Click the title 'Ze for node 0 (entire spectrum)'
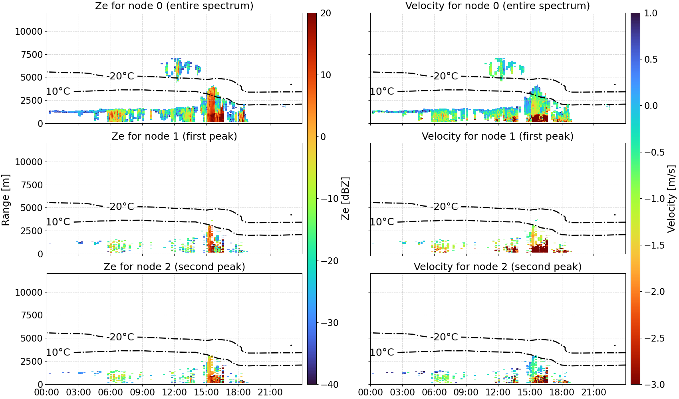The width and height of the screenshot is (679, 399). [174, 6]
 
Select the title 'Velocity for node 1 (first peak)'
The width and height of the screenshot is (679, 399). [498, 136]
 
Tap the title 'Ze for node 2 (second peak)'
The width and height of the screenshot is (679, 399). [174, 267]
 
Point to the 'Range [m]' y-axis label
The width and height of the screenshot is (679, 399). [6, 200]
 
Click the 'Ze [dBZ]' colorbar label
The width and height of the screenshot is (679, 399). [345, 199]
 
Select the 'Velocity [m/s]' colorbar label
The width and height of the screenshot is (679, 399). [672, 199]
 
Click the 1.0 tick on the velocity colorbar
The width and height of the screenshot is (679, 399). [651, 13]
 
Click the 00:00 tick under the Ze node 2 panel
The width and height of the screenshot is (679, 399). [47, 392]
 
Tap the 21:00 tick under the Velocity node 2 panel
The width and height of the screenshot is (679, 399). [594, 392]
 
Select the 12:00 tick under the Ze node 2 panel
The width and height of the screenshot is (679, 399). [174, 392]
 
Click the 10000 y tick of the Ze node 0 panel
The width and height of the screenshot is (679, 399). [29, 31]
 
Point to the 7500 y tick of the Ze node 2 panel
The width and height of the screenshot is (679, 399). [32, 315]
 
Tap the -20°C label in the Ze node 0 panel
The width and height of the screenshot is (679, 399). [120, 76]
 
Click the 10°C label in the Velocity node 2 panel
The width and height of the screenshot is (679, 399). [382, 352]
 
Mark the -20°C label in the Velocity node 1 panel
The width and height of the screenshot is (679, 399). [444, 206]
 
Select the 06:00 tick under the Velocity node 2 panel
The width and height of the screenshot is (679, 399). [434, 392]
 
